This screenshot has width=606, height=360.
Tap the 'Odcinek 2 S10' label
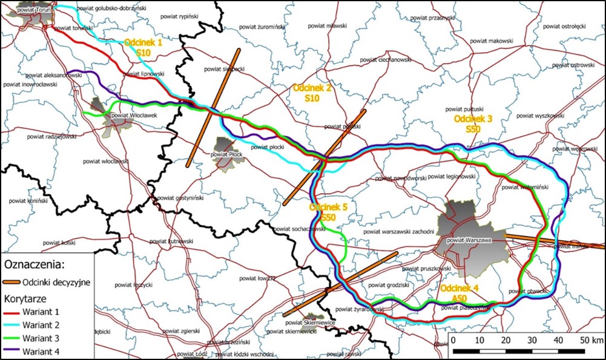point(312,93)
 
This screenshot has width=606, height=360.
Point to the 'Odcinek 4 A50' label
point(460,293)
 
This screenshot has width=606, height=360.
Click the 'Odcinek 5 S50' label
point(328,212)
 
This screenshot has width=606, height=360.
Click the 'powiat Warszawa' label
point(468,240)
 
